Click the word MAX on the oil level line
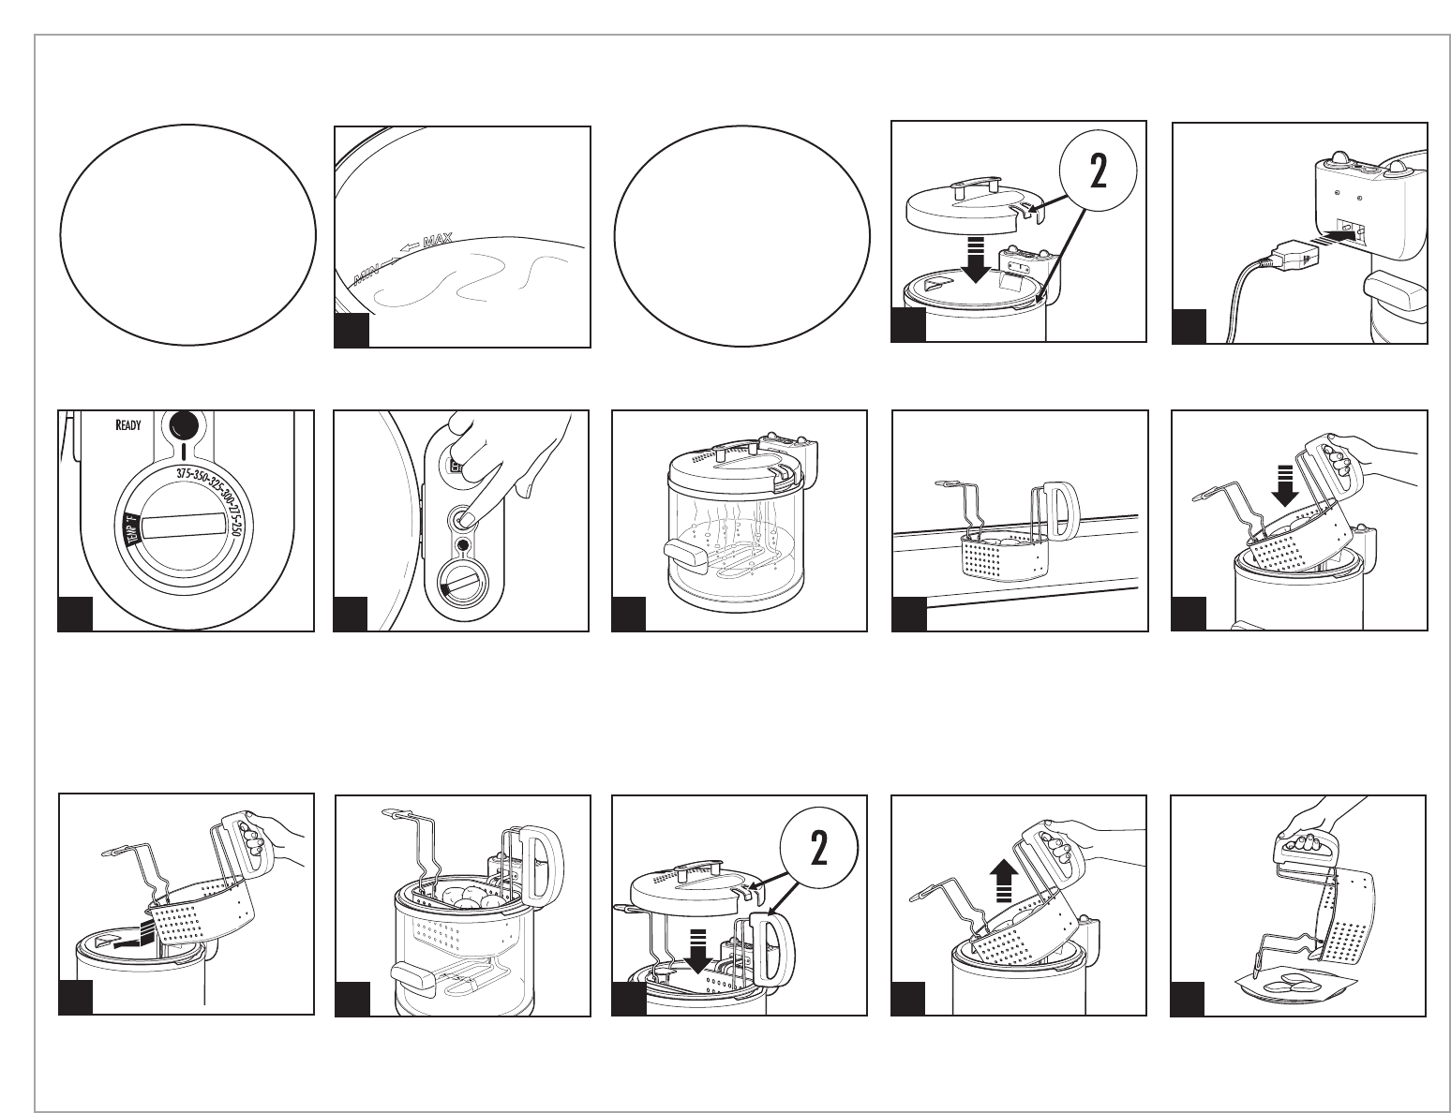[x=438, y=243]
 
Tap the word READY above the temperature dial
[x=127, y=424]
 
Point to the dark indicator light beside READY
[x=186, y=426]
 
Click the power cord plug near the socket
[x=1281, y=256]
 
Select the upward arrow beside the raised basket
[x=1004, y=879]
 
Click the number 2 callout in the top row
[x=1097, y=175]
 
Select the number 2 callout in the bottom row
[x=818, y=848]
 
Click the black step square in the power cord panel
[x=1189, y=327]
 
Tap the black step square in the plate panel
[x=1188, y=999]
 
